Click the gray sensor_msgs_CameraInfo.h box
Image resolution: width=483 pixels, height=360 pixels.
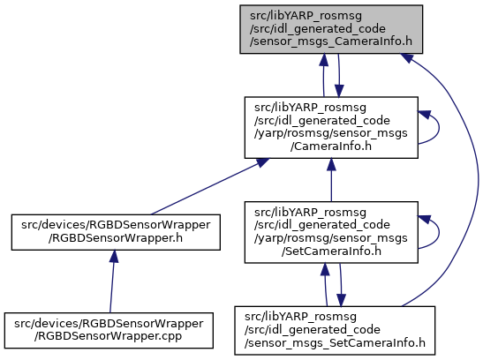[331, 29]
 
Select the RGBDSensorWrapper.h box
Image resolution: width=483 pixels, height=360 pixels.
[116, 232]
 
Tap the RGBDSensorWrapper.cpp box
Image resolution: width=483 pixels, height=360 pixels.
[109, 331]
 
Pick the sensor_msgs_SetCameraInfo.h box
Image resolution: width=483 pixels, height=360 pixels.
[335, 331]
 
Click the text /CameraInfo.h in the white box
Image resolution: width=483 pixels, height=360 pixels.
[331, 146]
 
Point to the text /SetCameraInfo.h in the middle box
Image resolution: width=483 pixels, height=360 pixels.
[331, 251]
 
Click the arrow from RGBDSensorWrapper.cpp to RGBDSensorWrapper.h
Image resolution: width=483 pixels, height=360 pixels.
[112, 281]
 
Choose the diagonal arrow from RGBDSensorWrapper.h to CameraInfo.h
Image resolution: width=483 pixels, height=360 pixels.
[210, 186]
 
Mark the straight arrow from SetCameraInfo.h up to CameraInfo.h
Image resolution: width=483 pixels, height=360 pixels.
[331, 180]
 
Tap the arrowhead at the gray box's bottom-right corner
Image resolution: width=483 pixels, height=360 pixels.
[406, 57]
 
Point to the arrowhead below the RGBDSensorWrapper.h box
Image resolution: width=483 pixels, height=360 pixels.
[114, 256]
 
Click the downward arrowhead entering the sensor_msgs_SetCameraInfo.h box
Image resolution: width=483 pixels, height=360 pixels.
[341, 300]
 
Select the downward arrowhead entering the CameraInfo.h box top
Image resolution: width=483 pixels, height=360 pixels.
[339, 91]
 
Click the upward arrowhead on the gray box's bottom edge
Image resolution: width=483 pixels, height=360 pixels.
[323, 60]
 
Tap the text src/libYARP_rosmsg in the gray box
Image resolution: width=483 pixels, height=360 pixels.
[306, 16]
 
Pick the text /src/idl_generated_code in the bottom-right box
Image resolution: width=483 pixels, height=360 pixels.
[313, 330]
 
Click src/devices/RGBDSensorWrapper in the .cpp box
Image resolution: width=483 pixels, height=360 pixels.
[109, 324]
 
